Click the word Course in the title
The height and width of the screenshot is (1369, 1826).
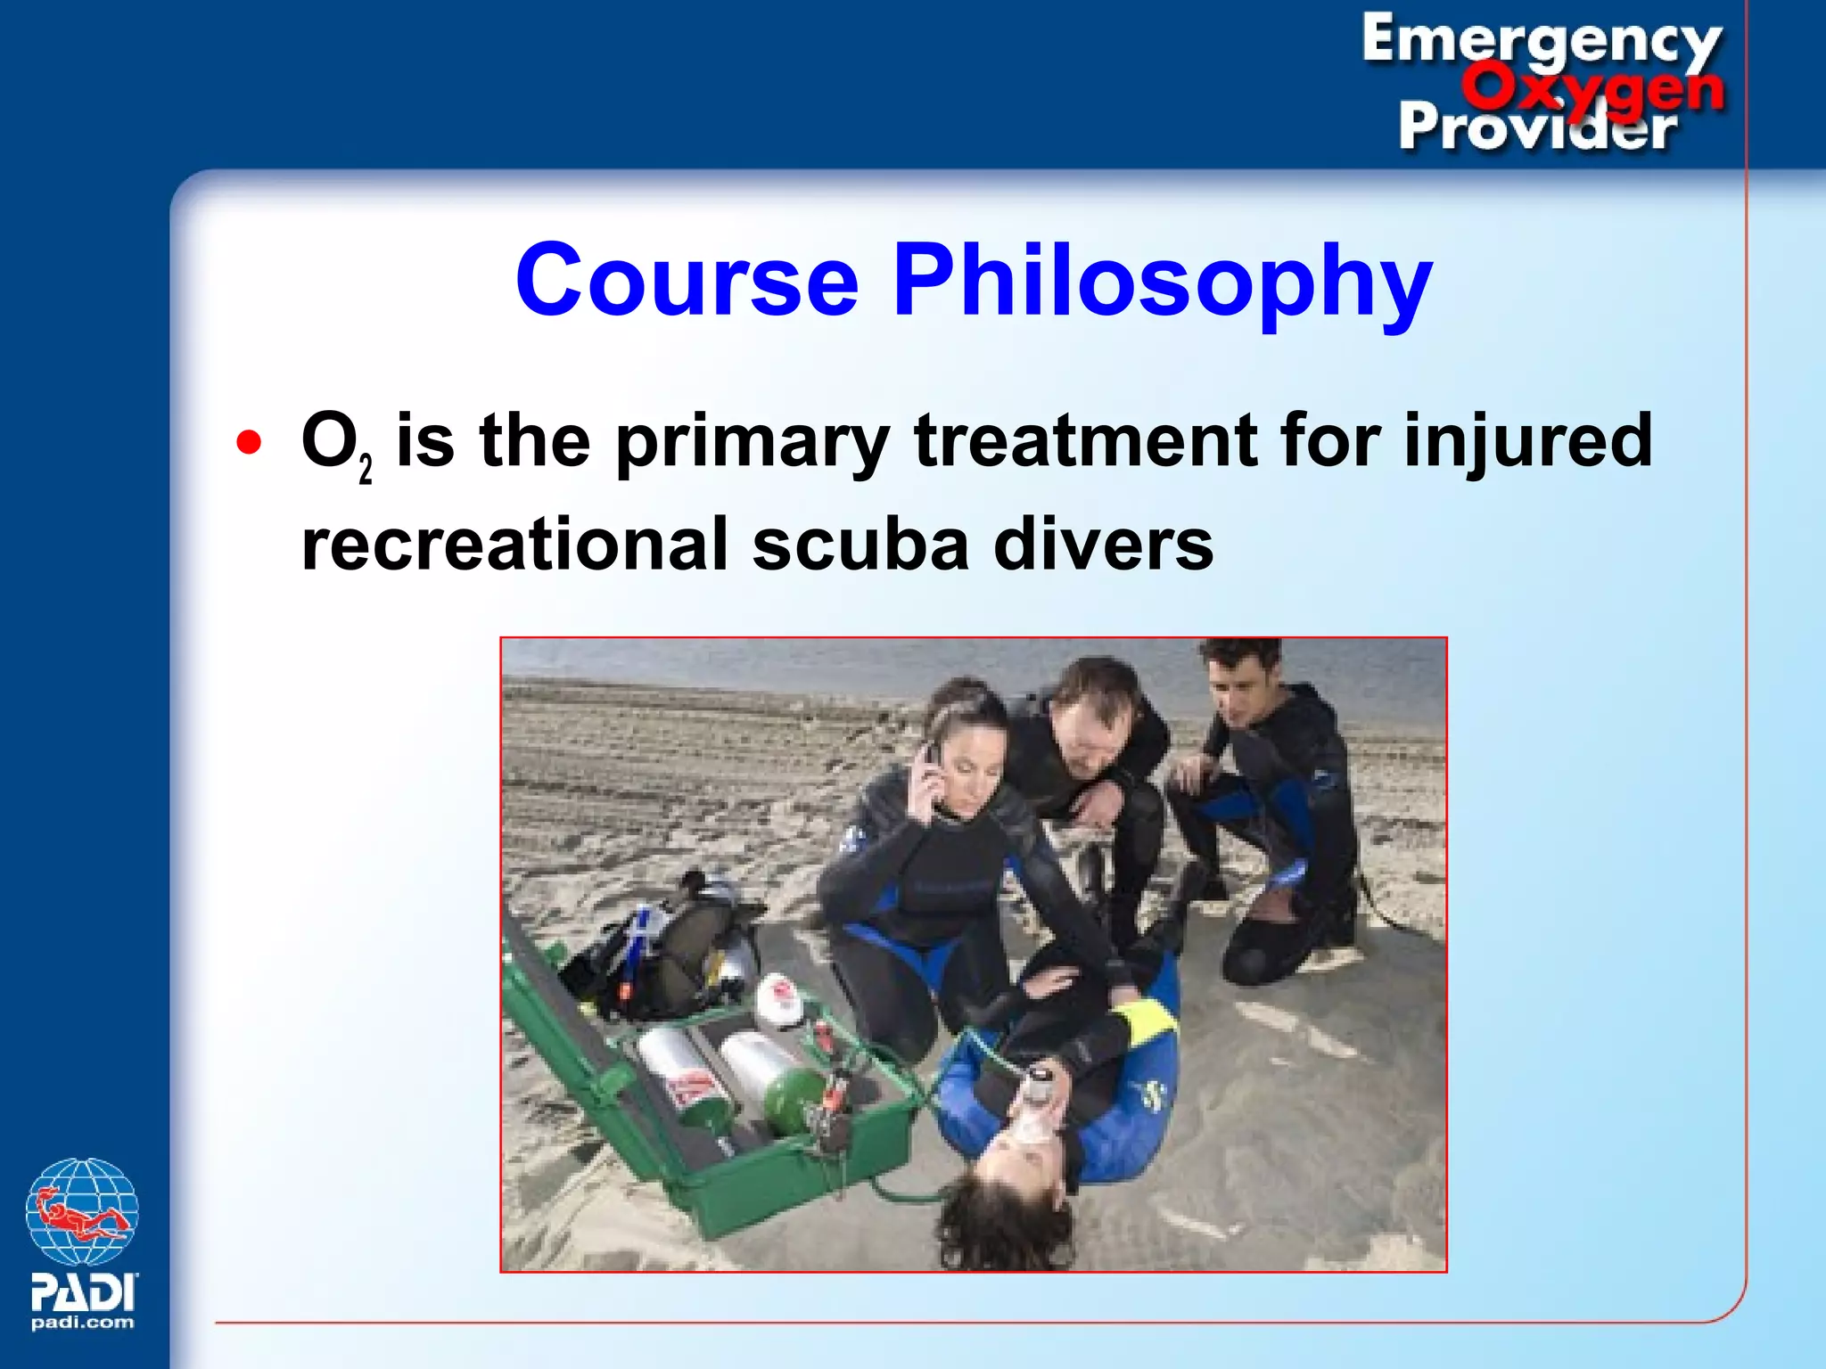tap(687, 281)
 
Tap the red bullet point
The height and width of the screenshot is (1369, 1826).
tap(250, 443)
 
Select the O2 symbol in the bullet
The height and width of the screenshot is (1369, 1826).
tap(334, 443)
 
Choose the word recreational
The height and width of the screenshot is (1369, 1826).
tap(514, 545)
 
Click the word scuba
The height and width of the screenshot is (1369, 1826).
tap(860, 545)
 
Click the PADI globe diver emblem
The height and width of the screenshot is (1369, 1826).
tap(81, 1212)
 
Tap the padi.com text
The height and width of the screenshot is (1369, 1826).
tap(82, 1323)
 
